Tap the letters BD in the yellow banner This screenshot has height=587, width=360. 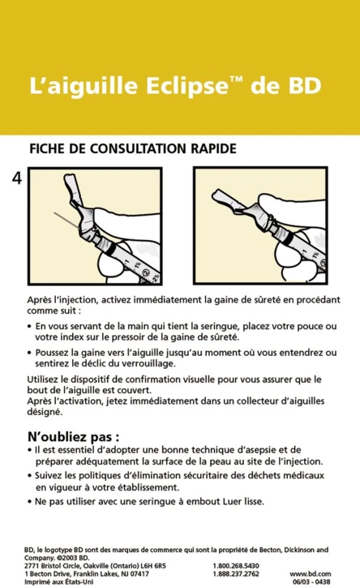click(x=302, y=86)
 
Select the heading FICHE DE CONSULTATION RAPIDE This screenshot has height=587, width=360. click(x=132, y=149)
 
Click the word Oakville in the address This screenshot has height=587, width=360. click(x=99, y=565)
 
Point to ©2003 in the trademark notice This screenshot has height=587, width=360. click(x=65, y=557)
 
